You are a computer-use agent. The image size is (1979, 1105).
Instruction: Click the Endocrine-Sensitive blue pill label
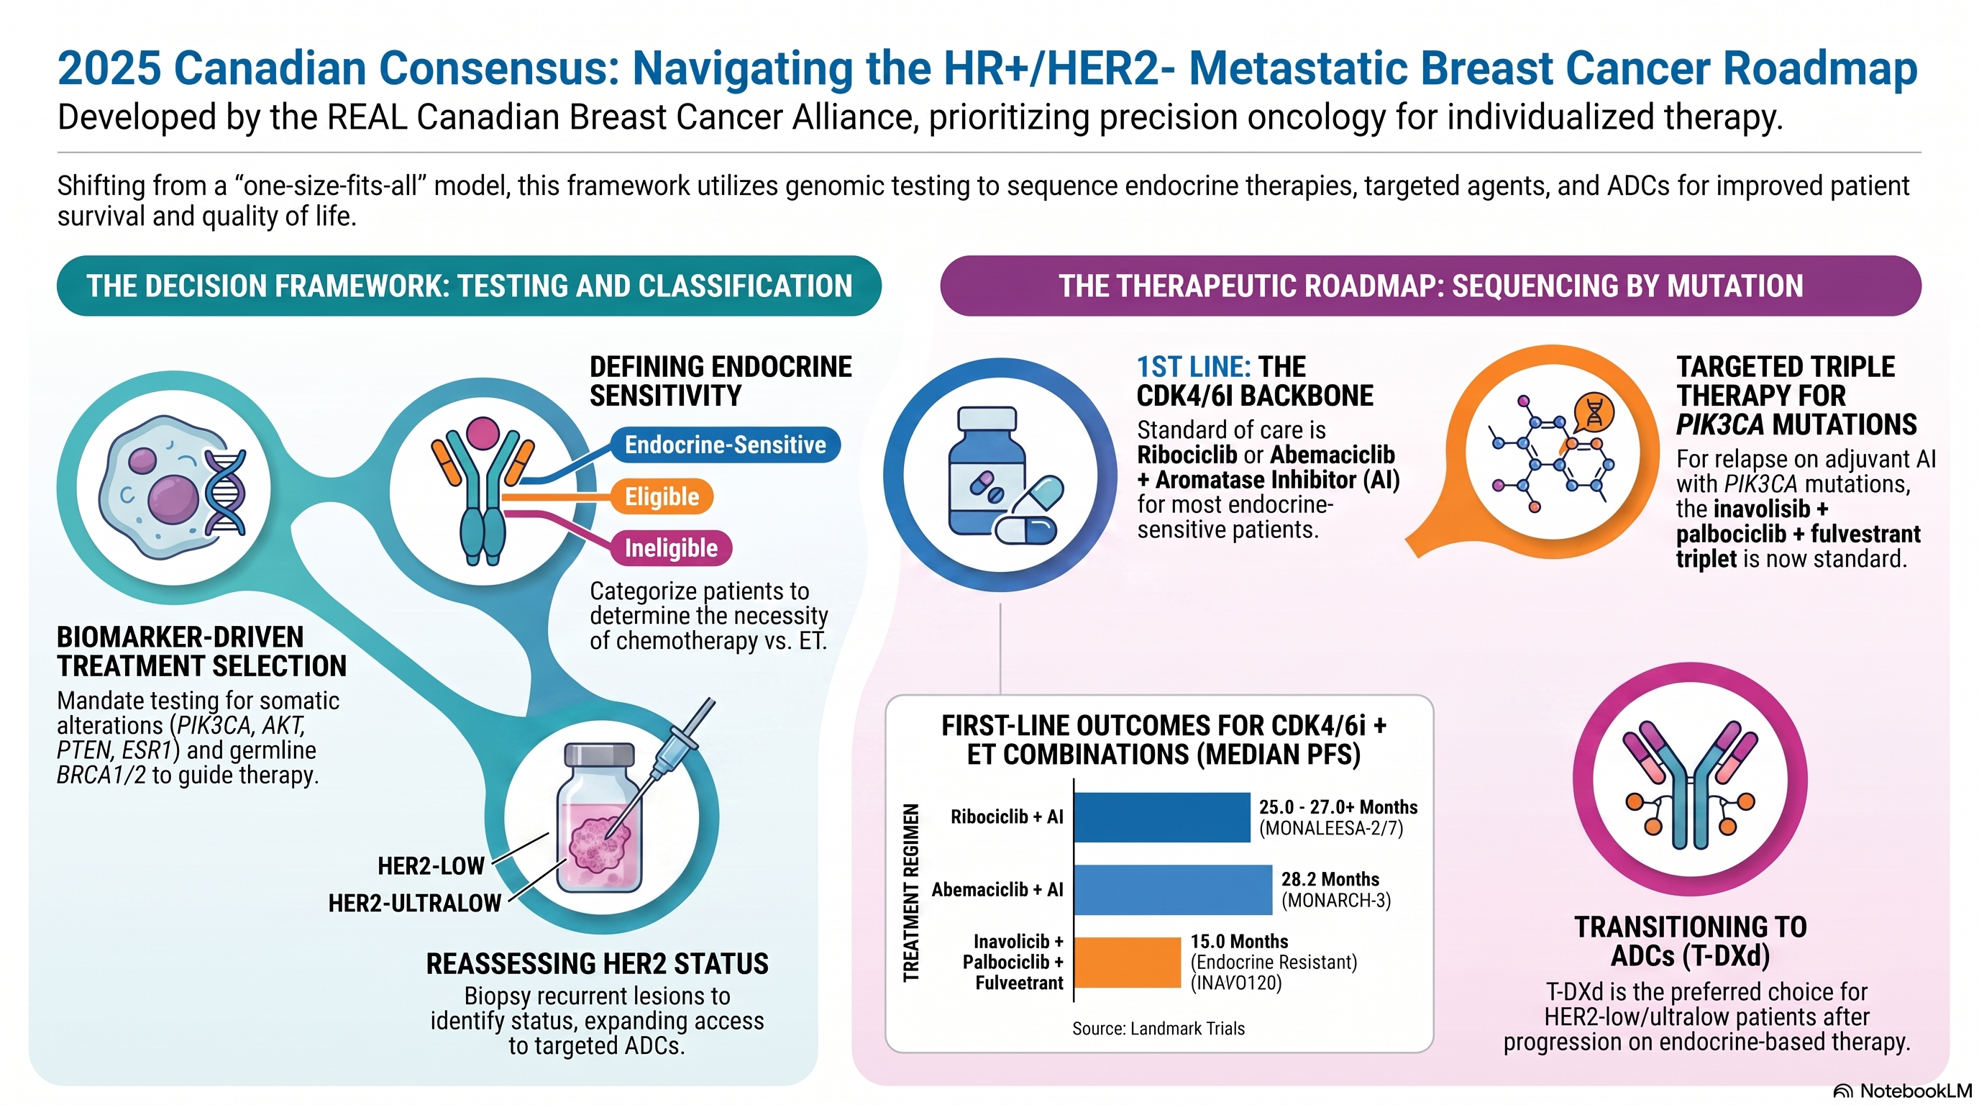725,445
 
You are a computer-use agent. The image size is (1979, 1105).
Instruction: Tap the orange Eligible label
662,496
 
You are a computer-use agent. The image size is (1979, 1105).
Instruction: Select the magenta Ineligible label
671,548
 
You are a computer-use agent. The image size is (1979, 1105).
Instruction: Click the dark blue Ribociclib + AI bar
1162,817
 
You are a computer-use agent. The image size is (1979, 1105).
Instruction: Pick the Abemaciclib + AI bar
1173,890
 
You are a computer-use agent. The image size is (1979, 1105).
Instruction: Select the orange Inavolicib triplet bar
1127,962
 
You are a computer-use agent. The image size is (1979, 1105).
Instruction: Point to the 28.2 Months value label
1330,879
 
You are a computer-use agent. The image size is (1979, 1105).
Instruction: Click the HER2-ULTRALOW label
415,903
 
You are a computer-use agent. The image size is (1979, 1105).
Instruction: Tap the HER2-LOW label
431,866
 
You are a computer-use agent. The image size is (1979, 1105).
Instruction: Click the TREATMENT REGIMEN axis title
911,892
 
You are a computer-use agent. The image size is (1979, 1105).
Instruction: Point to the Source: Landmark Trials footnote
1158,1028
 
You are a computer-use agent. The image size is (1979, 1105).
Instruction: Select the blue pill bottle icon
987,470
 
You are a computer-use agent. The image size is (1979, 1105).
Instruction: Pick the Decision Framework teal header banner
470,286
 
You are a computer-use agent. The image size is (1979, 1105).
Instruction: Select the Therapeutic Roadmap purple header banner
1430,286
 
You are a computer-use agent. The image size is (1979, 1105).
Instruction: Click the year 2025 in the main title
109,68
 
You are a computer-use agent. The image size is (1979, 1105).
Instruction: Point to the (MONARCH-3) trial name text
1336,901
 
